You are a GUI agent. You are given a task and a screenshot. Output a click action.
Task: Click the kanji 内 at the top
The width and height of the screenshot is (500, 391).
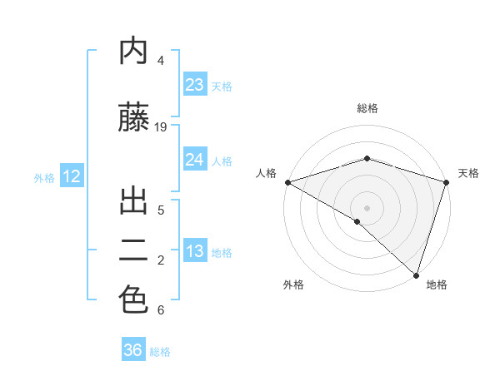coord(133,51)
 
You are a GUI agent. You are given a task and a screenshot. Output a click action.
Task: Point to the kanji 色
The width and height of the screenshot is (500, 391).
coord(133,300)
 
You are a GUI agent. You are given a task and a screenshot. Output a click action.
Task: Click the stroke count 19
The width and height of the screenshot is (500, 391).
coord(161,127)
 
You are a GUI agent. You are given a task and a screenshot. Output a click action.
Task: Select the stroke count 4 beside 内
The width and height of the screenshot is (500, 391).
coord(161,61)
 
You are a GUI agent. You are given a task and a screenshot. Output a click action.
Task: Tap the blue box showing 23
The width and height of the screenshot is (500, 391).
coord(194,85)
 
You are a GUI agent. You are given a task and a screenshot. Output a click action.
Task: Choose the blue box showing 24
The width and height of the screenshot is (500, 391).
coord(194,160)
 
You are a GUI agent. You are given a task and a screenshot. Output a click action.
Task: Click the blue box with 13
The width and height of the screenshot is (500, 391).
coord(194,251)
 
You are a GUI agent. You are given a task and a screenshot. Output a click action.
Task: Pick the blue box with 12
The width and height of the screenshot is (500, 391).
coord(71,176)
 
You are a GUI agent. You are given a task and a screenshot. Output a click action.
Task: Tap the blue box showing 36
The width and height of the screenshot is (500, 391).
coord(133,350)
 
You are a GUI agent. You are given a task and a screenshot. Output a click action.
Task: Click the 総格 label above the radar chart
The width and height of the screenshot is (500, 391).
coord(367,108)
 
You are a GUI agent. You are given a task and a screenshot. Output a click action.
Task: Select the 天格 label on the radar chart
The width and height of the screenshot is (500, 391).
coord(468,173)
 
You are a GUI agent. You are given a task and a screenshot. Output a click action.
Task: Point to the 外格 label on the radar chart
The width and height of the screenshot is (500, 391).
coord(292,285)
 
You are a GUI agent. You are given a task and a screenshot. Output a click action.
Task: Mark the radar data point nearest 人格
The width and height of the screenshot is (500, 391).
coord(287,181)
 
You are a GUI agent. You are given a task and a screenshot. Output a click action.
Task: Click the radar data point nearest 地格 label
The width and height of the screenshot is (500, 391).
coord(416,275)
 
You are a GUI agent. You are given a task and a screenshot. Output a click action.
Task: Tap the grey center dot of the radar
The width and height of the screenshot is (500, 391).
coord(367,207)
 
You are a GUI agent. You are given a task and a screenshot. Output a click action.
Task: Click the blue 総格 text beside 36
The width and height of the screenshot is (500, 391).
coord(160,352)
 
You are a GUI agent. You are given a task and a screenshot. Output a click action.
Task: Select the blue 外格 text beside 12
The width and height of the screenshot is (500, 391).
coord(43,177)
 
